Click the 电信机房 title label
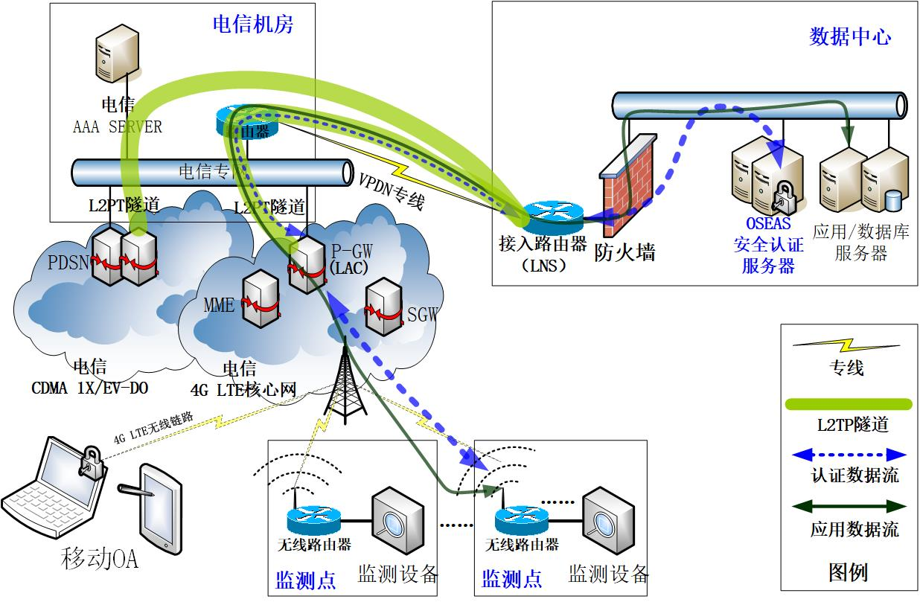[253, 25]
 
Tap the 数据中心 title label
[850, 36]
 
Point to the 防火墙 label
[625, 253]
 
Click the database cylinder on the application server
[892, 200]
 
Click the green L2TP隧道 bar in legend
[849, 404]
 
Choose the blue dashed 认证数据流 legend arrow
[849, 453]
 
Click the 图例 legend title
[848, 572]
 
